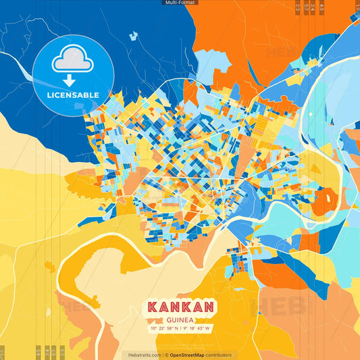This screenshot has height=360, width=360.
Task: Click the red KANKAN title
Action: pyautogui.click(x=180, y=307)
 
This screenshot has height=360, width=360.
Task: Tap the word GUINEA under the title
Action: pyautogui.click(x=180, y=319)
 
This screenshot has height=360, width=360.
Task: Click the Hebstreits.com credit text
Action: pyautogui.click(x=141, y=355)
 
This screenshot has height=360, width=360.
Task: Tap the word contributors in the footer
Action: pyautogui.click(x=218, y=355)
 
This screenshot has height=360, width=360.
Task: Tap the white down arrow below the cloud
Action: pyautogui.click(x=73, y=80)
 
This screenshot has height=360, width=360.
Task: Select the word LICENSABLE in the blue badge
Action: pyautogui.click(x=73, y=95)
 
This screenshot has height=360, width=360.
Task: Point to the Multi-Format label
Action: pyautogui.click(x=180, y=3)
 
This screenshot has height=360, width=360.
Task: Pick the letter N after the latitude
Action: pyautogui.click(x=176, y=328)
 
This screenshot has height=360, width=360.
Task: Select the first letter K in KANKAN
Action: pyautogui.click(x=151, y=307)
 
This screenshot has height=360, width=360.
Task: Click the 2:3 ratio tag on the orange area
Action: pyautogui.click(x=298, y=9)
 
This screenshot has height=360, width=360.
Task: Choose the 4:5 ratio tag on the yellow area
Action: pyautogui.click(x=38, y=351)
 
